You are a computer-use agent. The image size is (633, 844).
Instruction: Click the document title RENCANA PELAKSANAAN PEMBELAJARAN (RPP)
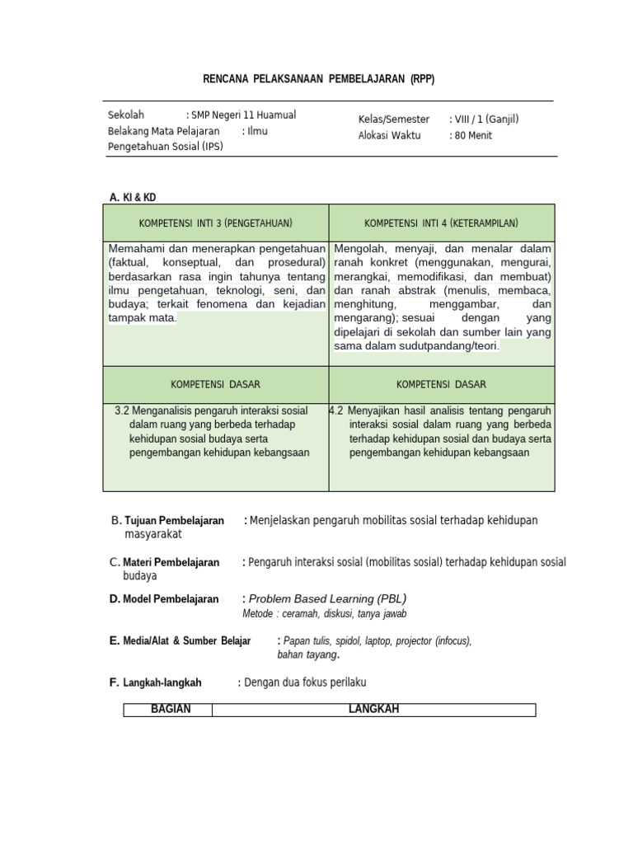[x=318, y=79]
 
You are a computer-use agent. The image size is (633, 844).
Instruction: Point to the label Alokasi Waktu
[x=389, y=135]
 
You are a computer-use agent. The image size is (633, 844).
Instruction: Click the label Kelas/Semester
[x=395, y=119]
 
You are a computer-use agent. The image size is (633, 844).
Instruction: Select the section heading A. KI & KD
[x=133, y=197]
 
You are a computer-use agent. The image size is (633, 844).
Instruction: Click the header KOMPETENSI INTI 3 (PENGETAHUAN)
[x=216, y=223]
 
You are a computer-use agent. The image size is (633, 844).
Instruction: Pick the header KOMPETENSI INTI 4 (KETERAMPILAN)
[x=441, y=223]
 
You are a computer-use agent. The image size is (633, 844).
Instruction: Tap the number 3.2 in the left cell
[x=122, y=410]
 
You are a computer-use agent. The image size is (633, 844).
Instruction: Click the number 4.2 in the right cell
[x=336, y=410]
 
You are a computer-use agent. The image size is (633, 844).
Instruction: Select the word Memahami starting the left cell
[x=136, y=249]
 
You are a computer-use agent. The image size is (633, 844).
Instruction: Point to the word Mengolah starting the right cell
[x=360, y=249]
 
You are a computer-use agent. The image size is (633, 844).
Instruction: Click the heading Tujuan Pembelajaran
[x=174, y=521]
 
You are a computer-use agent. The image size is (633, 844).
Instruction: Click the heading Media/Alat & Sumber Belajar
[x=186, y=640]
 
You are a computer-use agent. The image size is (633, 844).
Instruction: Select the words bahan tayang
[x=308, y=654]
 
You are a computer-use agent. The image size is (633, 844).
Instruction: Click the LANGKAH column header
[x=373, y=710]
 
